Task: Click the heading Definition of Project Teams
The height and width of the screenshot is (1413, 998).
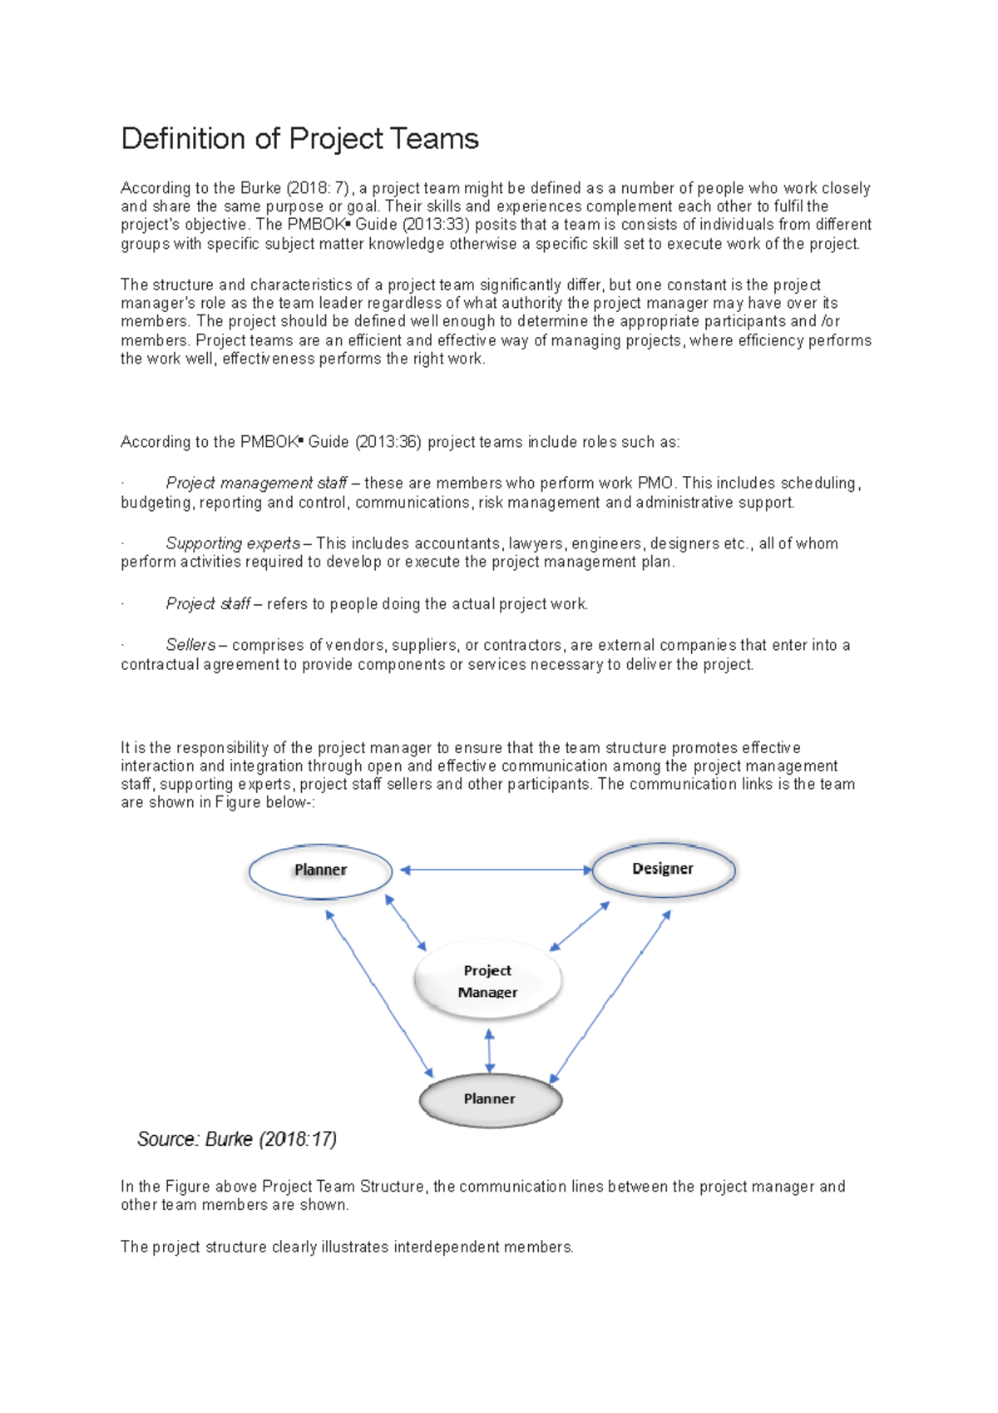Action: (x=299, y=138)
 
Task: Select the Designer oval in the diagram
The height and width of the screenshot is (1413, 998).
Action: (x=663, y=869)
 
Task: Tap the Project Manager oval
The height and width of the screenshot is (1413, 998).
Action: (x=488, y=980)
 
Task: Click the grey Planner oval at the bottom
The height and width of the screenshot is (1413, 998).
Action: (x=490, y=1099)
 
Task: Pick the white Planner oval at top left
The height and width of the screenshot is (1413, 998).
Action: (x=320, y=870)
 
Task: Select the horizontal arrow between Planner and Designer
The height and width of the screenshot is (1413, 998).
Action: (x=496, y=870)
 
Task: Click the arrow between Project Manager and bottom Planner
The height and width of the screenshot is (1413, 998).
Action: (x=489, y=1050)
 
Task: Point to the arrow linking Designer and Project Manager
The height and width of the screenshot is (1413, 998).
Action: (x=580, y=926)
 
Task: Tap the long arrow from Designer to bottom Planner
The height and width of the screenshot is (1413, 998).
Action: (x=611, y=995)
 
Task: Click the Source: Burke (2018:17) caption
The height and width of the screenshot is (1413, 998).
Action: (x=237, y=1139)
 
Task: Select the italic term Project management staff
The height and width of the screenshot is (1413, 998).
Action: (x=256, y=483)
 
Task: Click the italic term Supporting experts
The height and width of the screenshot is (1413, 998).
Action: (x=233, y=543)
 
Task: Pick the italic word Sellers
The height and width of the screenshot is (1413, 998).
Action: (x=190, y=645)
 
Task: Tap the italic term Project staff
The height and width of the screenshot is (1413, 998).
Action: (x=208, y=604)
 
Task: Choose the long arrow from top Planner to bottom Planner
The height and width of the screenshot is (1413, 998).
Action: (x=379, y=992)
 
